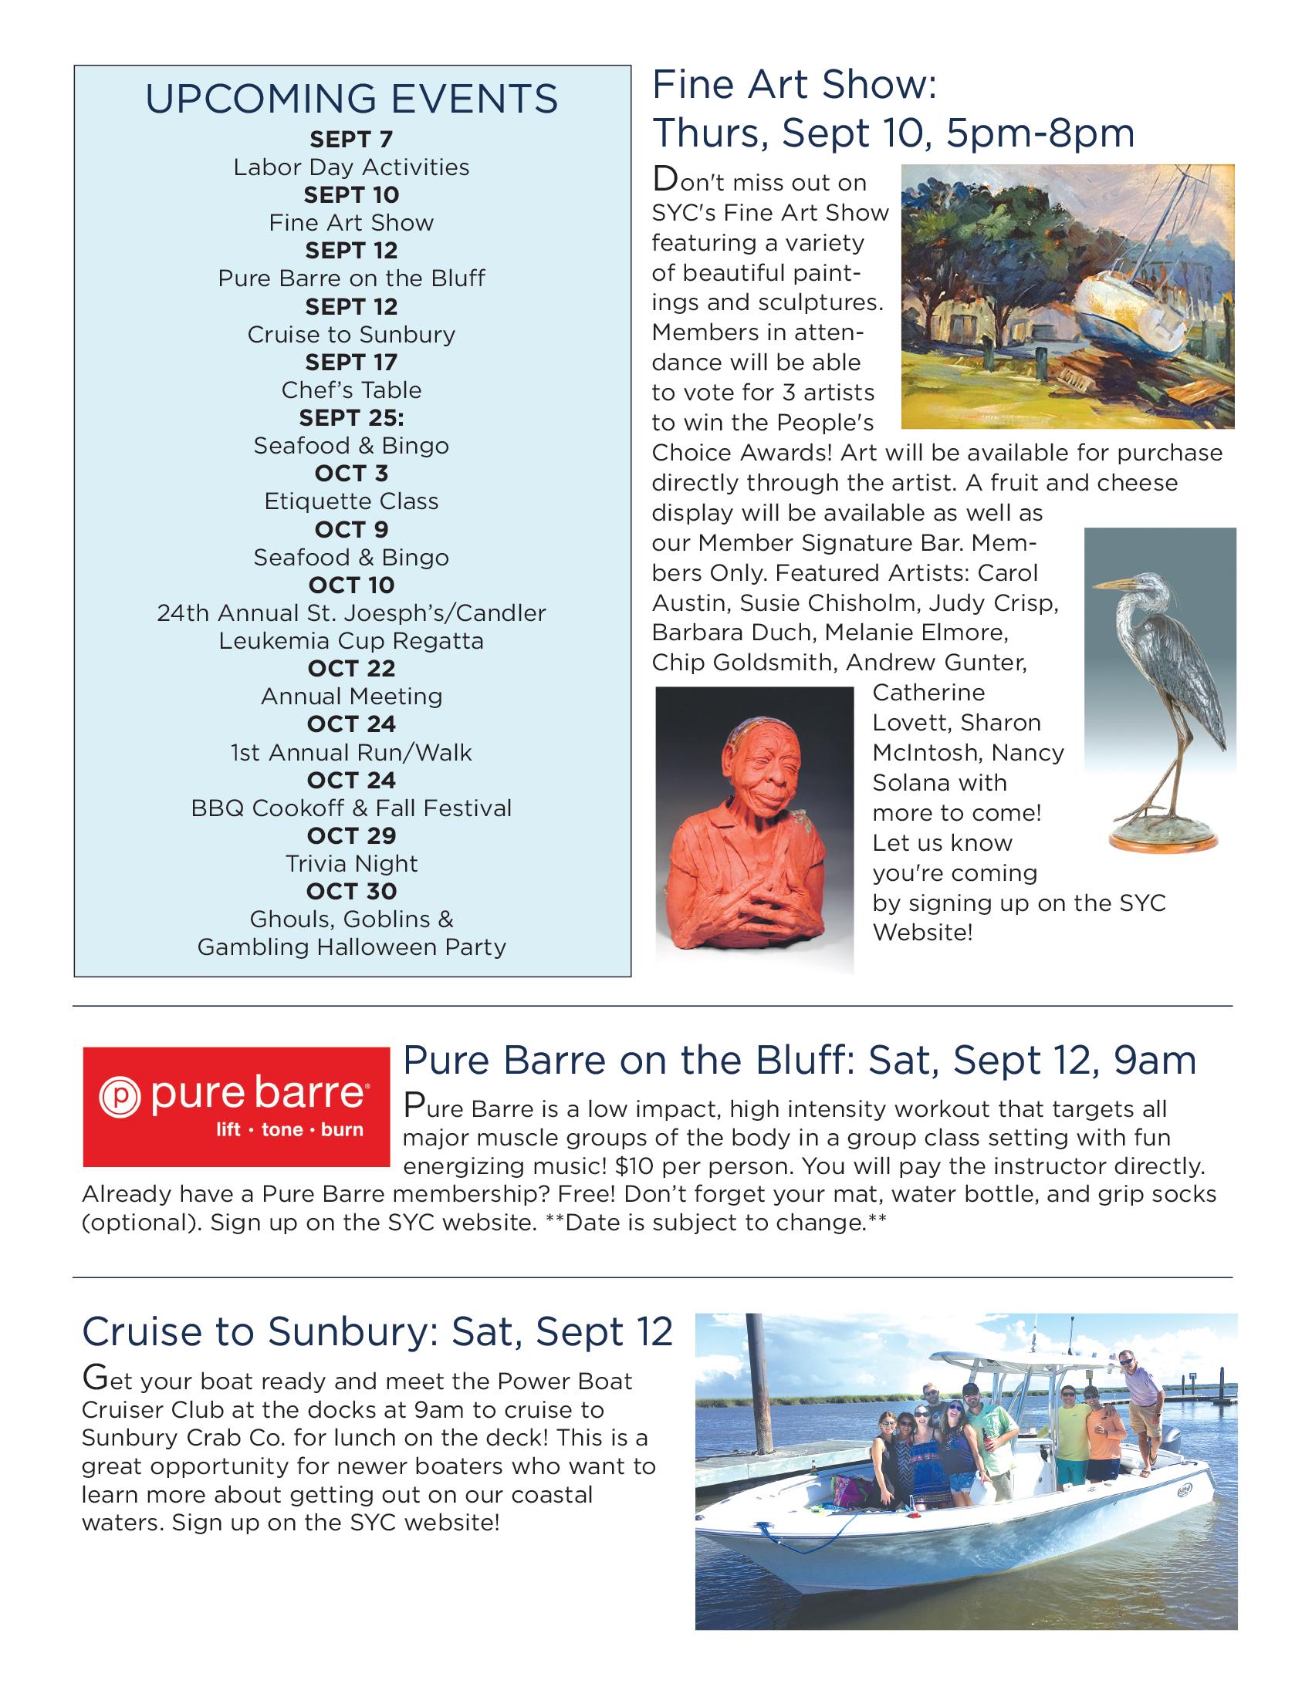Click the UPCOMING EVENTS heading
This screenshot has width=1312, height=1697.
click(351, 100)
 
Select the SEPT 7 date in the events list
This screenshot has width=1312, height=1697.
click(351, 139)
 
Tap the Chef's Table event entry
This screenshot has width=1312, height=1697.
click(351, 390)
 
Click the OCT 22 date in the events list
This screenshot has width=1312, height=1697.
click(351, 668)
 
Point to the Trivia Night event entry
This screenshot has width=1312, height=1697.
click(351, 863)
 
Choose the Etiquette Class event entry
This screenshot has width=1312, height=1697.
click(351, 501)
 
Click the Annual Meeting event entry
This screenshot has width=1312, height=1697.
click(351, 697)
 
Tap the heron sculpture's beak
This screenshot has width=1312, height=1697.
click(1112, 582)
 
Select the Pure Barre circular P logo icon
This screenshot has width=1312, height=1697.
click(119, 1096)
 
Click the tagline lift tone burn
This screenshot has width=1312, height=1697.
click(289, 1129)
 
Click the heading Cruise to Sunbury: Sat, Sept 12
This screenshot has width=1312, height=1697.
click(377, 1332)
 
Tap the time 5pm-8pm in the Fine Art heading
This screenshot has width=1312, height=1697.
click(1040, 133)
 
